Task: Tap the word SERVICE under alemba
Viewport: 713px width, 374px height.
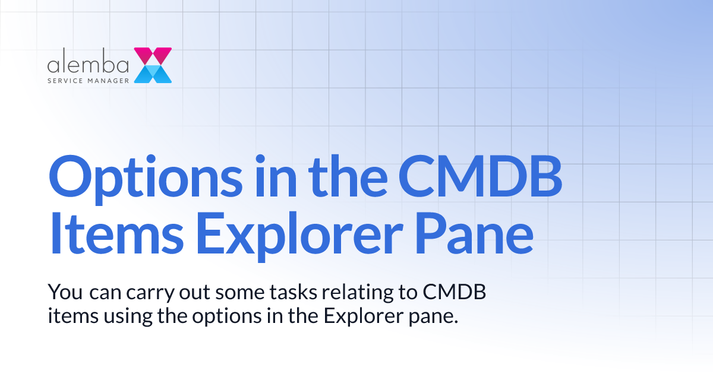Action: click(64, 80)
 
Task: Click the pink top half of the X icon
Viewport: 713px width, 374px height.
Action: click(153, 56)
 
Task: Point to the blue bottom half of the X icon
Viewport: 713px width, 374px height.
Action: click(153, 74)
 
